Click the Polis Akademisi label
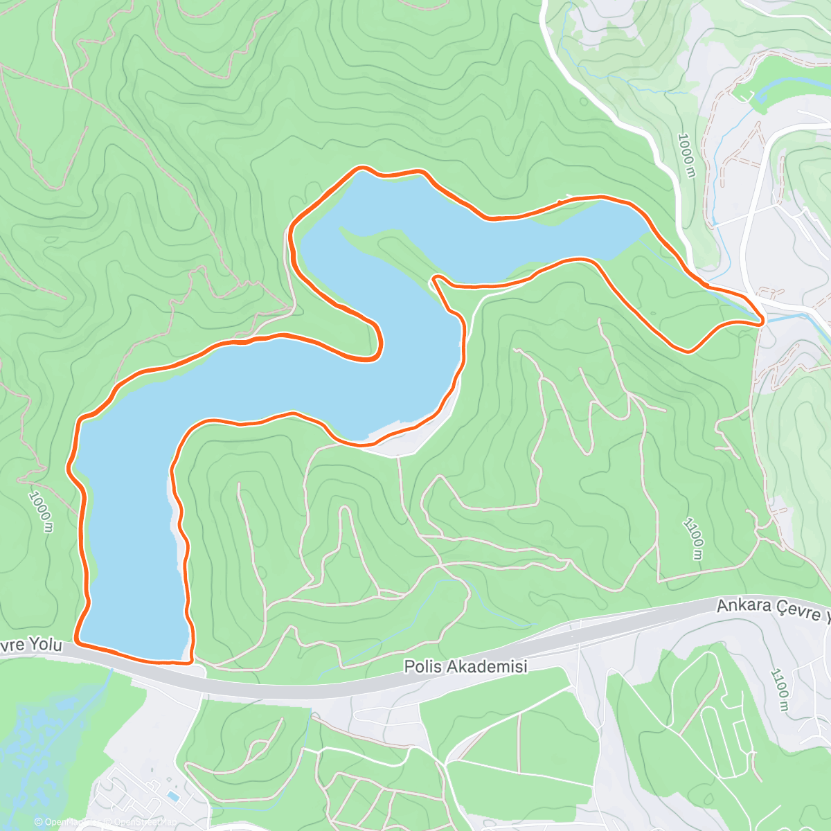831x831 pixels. coord(465,667)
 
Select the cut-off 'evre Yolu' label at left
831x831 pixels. coord(31,645)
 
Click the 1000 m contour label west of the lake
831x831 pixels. coord(42,512)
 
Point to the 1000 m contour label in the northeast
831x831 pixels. coord(687,155)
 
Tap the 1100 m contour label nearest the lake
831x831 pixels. coord(694,538)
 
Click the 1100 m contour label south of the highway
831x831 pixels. coord(780,690)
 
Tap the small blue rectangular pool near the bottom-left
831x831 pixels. coord(173,797)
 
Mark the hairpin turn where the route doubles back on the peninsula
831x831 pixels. coord(436,279)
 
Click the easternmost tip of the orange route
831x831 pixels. coord(762,321)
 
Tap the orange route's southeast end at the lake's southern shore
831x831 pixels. coord(190,661)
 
